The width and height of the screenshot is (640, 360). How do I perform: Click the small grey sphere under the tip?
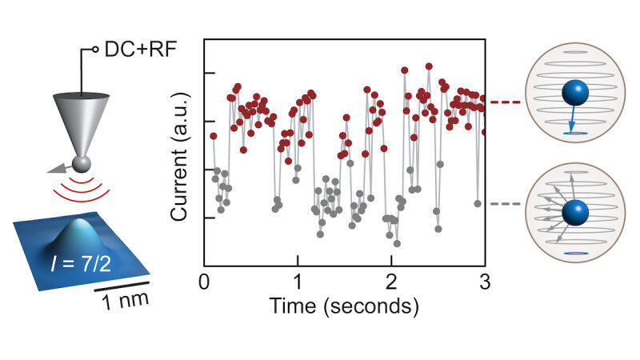[x=79, y=164]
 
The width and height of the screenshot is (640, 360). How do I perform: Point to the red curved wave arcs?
[x=80, y=189]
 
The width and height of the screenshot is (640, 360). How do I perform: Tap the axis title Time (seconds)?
[x=345, y=306]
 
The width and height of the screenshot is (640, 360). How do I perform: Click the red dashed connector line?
[x=503, y=102]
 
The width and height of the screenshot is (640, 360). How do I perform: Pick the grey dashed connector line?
[x=503, y=204]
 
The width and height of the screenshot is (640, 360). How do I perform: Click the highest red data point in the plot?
[x=430, y=67]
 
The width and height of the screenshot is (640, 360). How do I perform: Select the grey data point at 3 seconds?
[x=477, y=204]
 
